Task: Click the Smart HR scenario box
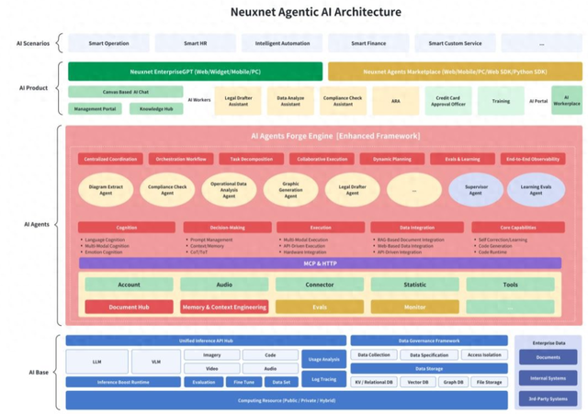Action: click(x=195, y=43)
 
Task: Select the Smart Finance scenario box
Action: click(x=368, y=43)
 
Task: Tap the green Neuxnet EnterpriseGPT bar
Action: click(x=195, y=71)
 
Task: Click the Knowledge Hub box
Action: click(x=155, y=108)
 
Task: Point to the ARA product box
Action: click(x=395, y=101)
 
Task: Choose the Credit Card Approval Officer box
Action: click(x=448, y=101)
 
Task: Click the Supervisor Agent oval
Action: click(x=475, y=190)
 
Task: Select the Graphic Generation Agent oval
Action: click(x=290, y=190)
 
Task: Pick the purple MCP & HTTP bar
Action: click(x=320, y=263)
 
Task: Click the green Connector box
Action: click(x=319, y=285)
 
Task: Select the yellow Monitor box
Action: click(x=414, y=307)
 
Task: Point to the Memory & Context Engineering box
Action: click(x=224, y=307)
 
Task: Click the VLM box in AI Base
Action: click(x=155, y=362)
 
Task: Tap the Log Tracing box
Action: click(x=322, y=378)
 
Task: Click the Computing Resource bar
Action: click(x=286, y=400)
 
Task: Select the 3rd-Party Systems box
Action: click(x=548, y=398)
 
